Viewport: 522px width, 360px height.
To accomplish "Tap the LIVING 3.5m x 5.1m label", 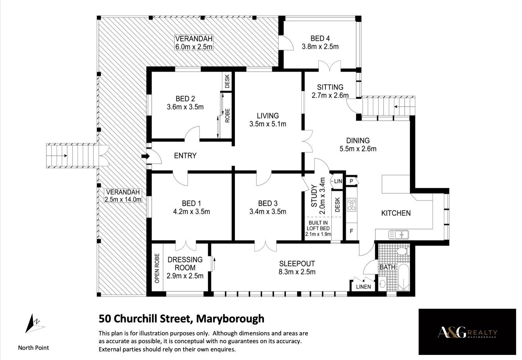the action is click(268, 120).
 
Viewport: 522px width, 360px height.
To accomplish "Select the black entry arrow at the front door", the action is click(145, 156).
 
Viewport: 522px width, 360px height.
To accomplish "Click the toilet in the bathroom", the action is click(402, 251).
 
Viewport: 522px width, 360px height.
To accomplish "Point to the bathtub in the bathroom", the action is click(403, 277).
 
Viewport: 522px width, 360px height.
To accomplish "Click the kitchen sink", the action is click(399, 234).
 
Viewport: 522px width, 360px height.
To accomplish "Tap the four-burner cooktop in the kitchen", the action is click(351, 205).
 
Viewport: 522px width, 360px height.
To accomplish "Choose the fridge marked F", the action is click(351, 231).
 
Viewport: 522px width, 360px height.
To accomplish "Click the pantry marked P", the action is click(351, 181).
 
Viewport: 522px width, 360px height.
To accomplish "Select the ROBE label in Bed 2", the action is click(227, 115).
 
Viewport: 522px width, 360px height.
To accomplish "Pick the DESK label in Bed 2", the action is click(227, 81).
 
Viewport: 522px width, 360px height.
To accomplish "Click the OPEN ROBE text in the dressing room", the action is click(157, 268).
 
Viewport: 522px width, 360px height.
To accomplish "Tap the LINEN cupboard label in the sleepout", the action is click(363, 287).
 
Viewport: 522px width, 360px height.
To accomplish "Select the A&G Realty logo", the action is click(467, 332).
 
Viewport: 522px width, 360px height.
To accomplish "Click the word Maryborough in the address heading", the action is click(230, 319).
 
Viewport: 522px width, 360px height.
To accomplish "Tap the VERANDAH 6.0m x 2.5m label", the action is click(194, 42).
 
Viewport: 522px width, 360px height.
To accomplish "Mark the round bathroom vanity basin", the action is click(382, 284).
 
